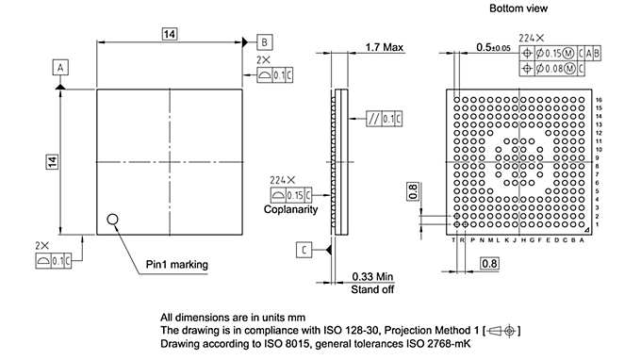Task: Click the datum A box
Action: coord(60,68)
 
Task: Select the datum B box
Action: coord(265,42)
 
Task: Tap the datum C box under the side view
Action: coord(304,250)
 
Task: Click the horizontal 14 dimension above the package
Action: coord(170,34)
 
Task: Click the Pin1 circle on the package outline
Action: coord(114,220)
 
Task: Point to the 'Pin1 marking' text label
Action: coord(176,264)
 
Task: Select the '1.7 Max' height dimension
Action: coord(384,46)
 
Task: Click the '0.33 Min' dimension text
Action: coord(371,276)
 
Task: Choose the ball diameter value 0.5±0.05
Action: coord(493,46)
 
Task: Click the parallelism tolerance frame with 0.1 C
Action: coord(386,118)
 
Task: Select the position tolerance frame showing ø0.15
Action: coord(557,53)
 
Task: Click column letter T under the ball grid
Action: coord(454,240)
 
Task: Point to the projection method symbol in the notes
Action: coord(500,331)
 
